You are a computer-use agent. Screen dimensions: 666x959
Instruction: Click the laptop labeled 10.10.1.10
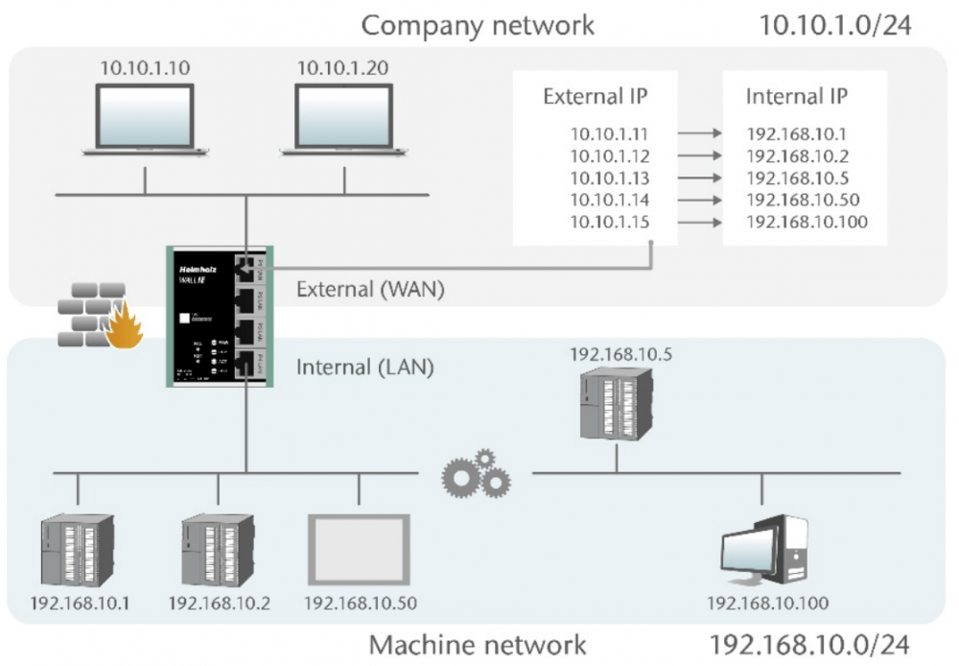[145, 116]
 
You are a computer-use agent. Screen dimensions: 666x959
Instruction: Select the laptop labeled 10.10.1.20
[342, 116]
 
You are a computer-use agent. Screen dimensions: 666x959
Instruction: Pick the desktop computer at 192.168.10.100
[764, 553]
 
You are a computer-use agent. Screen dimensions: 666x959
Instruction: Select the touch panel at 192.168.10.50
[360, 550]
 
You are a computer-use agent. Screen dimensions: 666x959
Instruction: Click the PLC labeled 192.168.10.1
[79, 552]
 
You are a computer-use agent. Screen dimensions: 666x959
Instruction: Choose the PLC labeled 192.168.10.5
[618, 403]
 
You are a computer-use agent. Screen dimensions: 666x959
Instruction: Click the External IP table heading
[596, 97]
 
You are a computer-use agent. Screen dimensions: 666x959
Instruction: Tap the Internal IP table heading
[796, 97]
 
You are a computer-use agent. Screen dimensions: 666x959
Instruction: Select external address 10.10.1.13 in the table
[610, 178]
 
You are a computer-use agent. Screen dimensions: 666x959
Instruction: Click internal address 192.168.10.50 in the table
[802, 201]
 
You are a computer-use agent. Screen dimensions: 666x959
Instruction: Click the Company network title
[478, 25]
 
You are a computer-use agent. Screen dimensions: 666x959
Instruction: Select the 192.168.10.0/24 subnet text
[808, 643]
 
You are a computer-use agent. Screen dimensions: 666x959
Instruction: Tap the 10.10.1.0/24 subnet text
[834, 25]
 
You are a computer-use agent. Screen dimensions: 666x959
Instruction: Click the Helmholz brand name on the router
[197, 271]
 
